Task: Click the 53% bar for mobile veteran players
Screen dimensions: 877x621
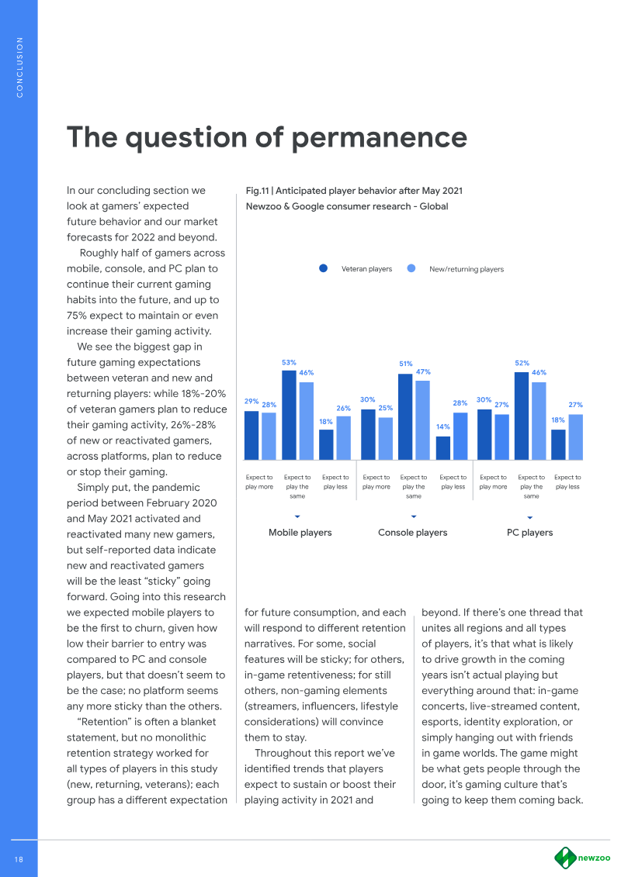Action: [289, 415]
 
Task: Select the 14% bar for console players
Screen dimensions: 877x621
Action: [443, 447]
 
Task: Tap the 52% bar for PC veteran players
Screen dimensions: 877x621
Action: [522, 416]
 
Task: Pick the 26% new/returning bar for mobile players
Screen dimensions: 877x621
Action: [343, 437]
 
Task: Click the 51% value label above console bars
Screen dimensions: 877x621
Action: [405, 363]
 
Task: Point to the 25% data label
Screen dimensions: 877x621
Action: [385, 408]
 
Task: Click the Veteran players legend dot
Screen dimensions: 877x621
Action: [324, 269]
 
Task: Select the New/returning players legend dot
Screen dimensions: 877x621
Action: [412, 269]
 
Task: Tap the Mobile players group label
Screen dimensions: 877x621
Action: [300, 533]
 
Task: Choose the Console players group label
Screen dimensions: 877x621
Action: [412, 533]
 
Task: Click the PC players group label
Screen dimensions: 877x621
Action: [529, 533]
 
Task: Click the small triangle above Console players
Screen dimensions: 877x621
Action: [414, 516]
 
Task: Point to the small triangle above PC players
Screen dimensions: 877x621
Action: [529, 516]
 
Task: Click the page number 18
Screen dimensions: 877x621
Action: [19, 858]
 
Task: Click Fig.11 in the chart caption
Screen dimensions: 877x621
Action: [258, 190]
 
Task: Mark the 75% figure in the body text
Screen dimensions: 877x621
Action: [79, 315]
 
